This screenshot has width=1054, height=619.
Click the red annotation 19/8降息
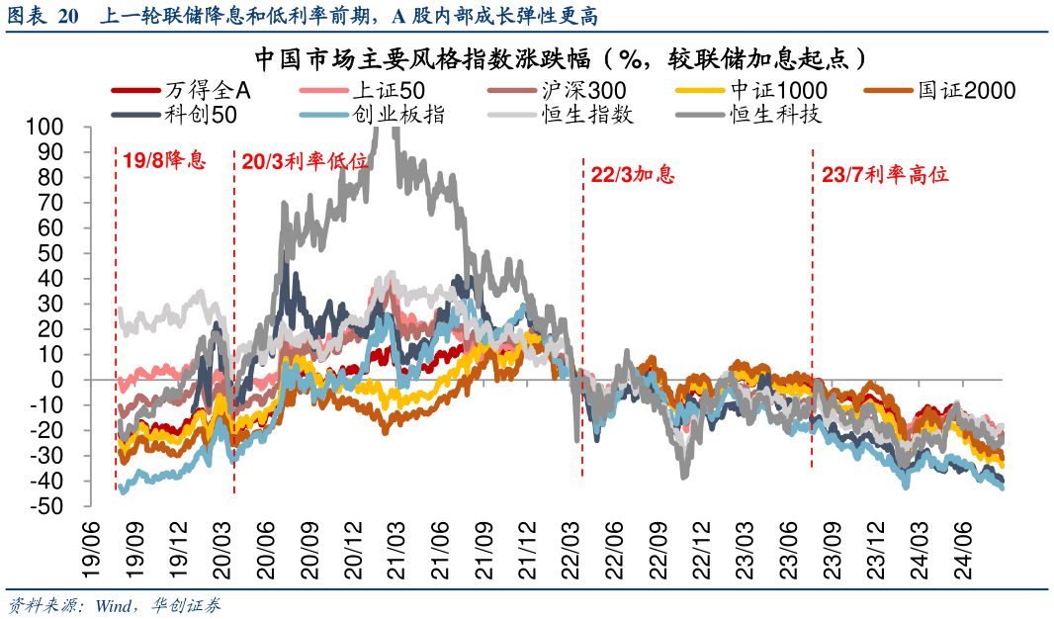point(165,159)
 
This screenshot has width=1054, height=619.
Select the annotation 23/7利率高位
point(885,175)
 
